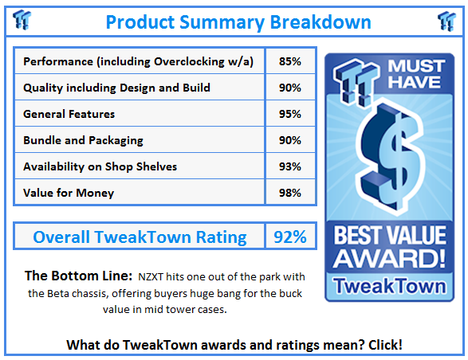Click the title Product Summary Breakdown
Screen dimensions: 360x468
238,22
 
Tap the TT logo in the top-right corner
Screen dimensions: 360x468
446,21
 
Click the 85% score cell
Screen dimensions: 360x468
290,61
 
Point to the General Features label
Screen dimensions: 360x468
69,114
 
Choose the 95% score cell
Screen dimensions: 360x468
290,114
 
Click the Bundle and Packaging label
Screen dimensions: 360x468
84,140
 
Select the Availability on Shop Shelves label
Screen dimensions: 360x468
100,166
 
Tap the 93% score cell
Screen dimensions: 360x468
290,166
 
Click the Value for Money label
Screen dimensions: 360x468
69,193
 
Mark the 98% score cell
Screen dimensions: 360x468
290,193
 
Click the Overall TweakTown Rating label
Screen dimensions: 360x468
140,237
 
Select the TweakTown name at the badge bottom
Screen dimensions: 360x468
390,285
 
